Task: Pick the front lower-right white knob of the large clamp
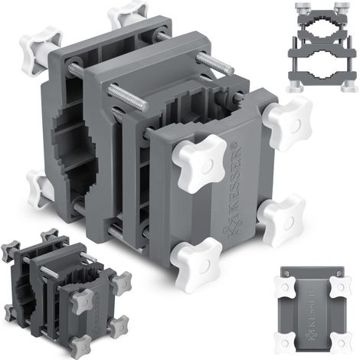tap(282, 220)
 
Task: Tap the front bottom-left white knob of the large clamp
tap(196, 264)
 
